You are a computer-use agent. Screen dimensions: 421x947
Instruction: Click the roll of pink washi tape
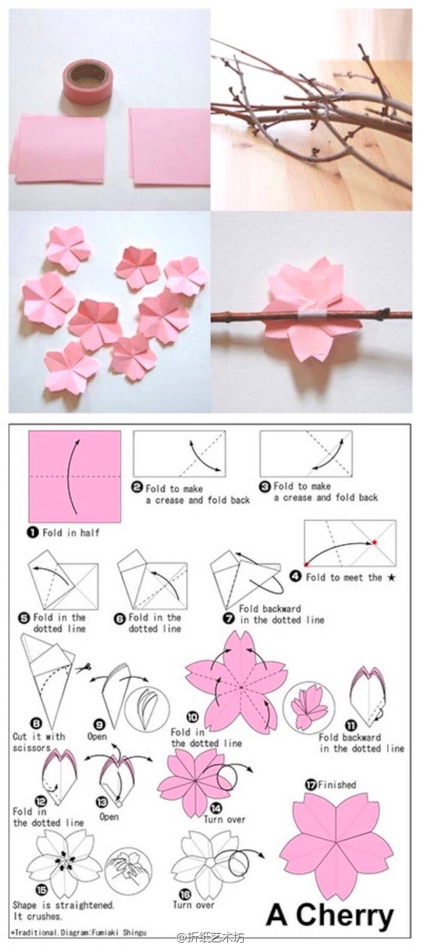point(85,82)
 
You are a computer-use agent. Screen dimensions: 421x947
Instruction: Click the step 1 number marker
point(33,532)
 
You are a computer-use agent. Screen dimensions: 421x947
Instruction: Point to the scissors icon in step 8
point(84,667)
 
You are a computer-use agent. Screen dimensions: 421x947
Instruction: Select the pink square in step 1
point(75,476)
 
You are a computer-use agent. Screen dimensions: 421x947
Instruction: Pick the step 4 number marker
point(296,576)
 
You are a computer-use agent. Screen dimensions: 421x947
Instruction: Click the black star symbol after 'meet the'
point(392,577)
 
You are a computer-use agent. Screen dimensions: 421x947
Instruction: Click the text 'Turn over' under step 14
point(224,820)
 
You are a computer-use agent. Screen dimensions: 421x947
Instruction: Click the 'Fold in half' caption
point(71,533)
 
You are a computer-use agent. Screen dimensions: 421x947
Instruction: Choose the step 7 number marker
point(229,619)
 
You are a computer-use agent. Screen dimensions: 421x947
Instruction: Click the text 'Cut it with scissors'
point(39,742)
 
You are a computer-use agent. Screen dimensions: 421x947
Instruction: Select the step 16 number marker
point(185,893)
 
